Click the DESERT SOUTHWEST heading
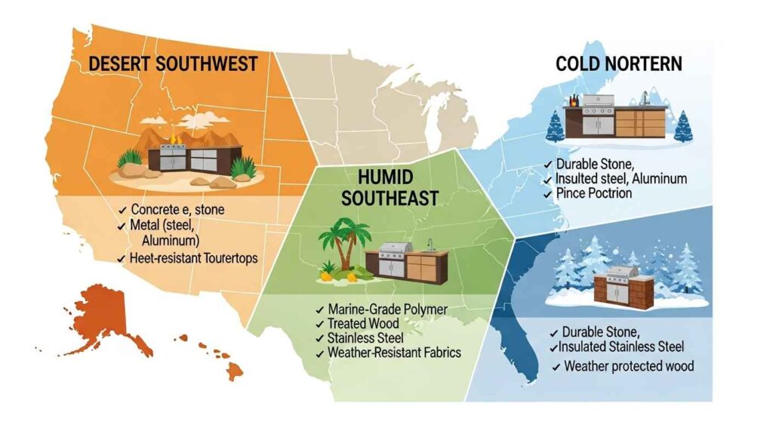click(x=171, y=64)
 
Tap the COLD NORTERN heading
click(x=618, y=63)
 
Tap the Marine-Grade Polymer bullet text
click(x=387, y=310)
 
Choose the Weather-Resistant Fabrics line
click(x=394, y=353)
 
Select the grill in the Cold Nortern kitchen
click(x=597, y=113)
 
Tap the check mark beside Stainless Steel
click(x=321, y=338)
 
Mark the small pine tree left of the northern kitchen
click(x=554, y=126)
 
